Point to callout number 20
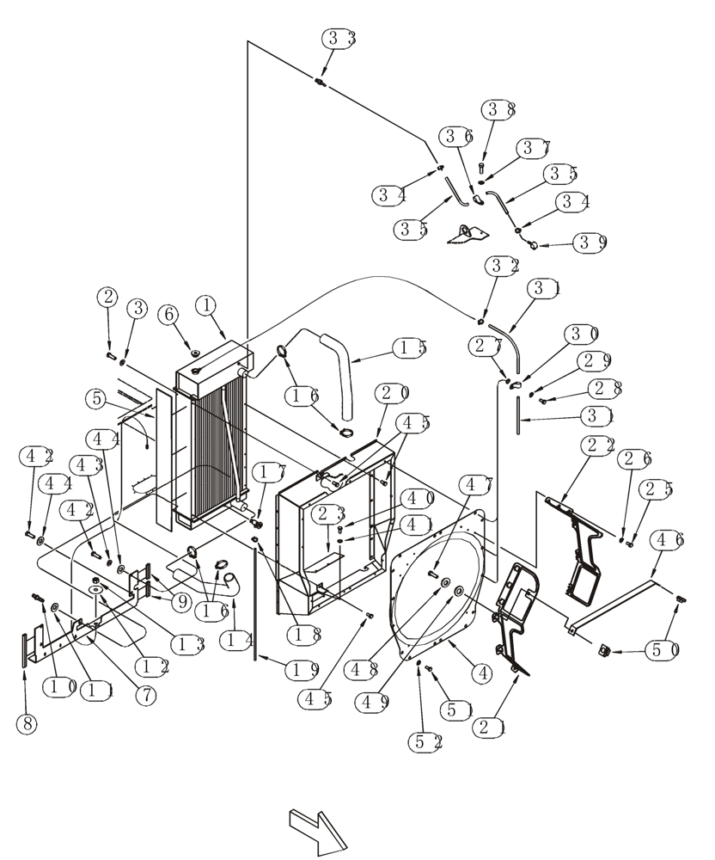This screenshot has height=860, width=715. (x=392, y=393)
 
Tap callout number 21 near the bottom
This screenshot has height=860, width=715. (x=490, y=727)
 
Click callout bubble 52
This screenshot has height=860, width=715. (x=425, y=741)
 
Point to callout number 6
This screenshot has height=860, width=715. (x=169, y=315)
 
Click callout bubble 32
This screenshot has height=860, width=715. (x=502, y=264)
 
